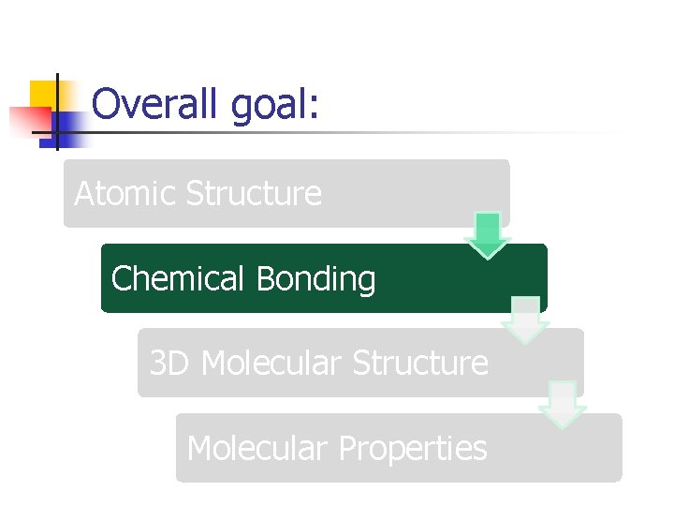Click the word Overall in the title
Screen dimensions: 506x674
pos(155,104)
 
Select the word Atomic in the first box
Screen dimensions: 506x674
pos(125,194)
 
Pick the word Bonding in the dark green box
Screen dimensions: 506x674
pos(315,279)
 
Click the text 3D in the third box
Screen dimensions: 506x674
pos(169,363)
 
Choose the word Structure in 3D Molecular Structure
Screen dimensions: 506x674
pos(420,363)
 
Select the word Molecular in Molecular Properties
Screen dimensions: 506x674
pos(257,448)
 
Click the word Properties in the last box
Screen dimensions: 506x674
pos(413,449)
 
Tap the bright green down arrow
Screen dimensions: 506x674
pos(488,234)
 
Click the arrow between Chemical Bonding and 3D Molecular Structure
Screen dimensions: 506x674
pos(525,320)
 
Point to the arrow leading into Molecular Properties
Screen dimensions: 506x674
pos(563,404)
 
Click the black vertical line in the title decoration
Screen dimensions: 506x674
pos(56,112)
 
